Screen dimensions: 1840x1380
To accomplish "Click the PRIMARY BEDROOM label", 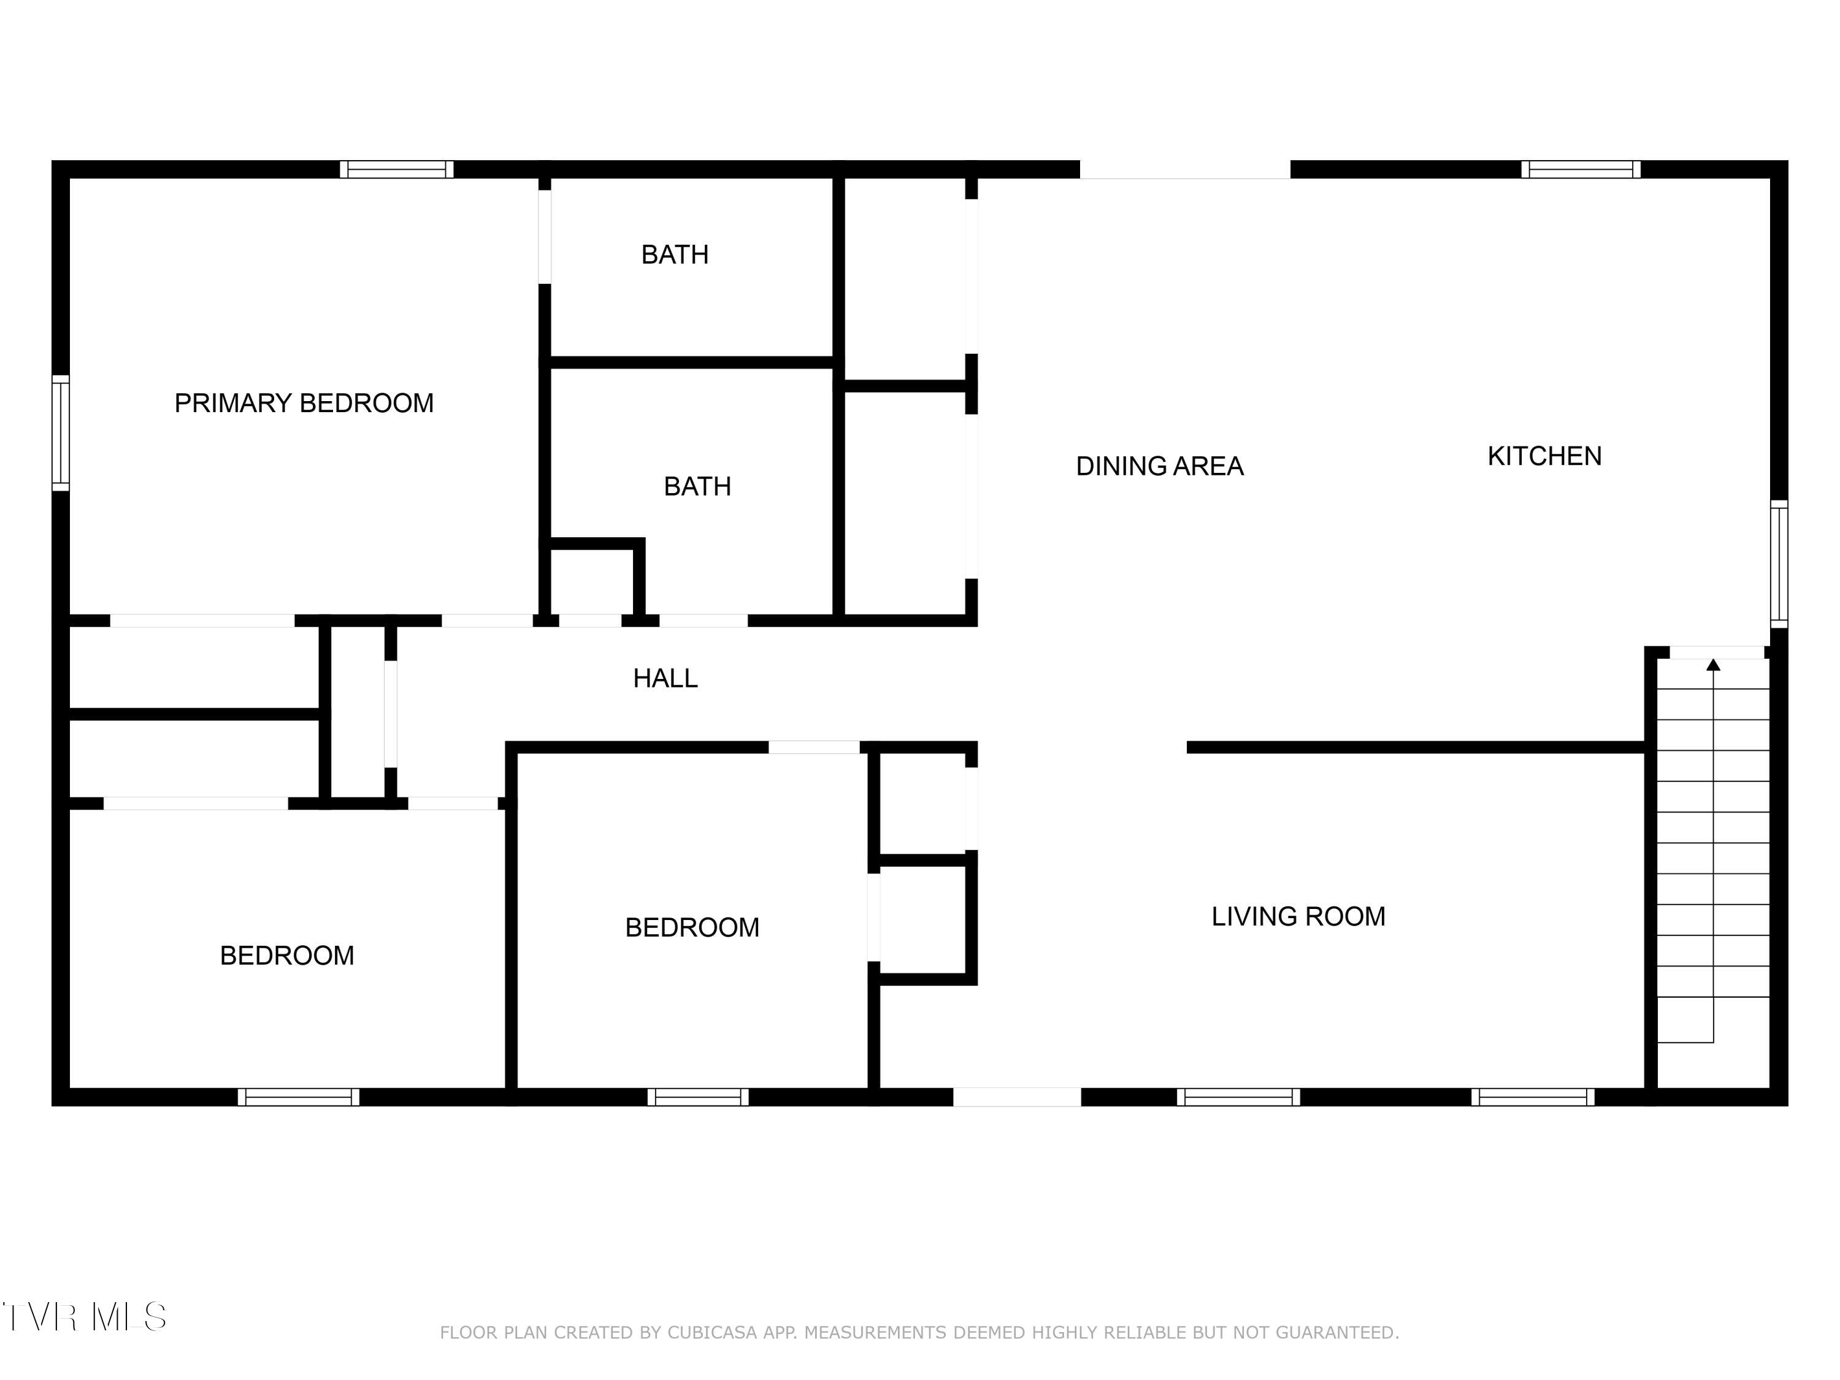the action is coord(304,404).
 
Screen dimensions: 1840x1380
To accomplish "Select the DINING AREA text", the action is coord(1160,466).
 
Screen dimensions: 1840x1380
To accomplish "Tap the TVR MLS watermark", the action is coord(84,1317).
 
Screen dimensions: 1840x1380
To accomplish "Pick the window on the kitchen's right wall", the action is coord(1779,564).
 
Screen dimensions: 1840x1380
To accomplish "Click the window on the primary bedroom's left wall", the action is coord(61,432).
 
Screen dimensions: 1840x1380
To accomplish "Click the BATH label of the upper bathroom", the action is coord(675,255).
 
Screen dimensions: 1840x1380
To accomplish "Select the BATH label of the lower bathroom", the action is coord(697,486).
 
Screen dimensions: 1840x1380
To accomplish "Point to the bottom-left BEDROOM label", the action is coord(287,956).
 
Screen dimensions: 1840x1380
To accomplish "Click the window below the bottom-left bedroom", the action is coord(299,1097).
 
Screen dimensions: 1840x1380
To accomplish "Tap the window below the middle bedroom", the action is coord(698,1097).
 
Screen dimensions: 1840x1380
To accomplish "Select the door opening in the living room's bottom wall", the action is coord(1016,1097).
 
